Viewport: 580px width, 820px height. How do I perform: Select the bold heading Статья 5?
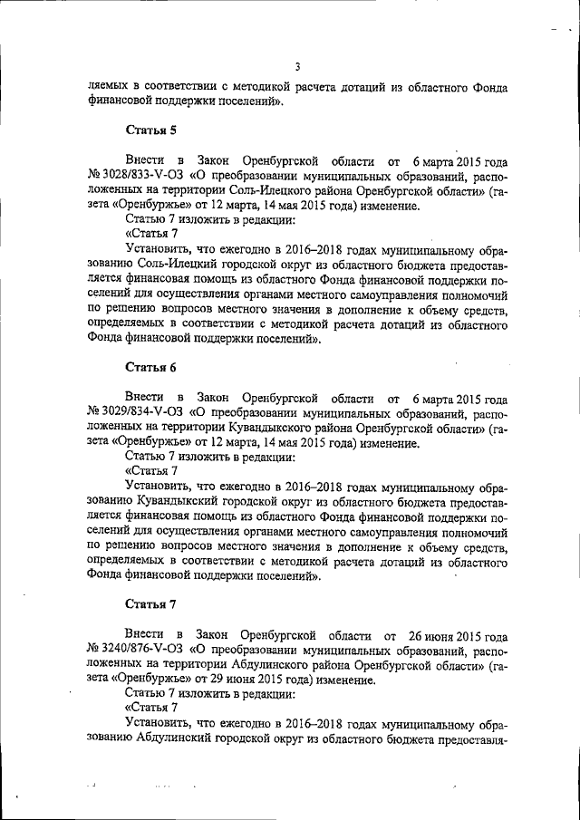tap(144, 130)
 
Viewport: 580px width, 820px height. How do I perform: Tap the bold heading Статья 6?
tap(144, 367)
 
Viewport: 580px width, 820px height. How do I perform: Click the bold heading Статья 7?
tap(144, 604)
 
